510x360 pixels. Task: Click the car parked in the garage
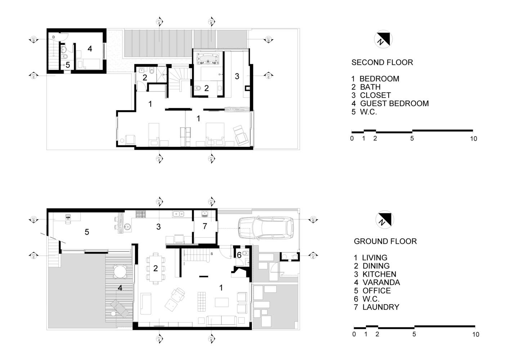coord(266,228)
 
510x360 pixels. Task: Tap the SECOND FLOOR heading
coord(382,62)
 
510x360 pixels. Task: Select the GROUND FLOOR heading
coord(385,241)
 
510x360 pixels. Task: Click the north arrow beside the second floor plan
coord(382,39)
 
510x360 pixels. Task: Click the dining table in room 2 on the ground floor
coord(156,268)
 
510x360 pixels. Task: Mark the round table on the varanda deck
coord(119,271)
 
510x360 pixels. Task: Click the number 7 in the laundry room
coord(205,226)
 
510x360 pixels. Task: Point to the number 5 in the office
coord(87,232)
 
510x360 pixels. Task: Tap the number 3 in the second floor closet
coord(237,76)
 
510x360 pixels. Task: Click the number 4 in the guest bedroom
coord(90,48)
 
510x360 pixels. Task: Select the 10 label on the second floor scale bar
coord(473,139)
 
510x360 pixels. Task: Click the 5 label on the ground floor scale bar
coord(414,334)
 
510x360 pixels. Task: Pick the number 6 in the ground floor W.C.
coord(239,255)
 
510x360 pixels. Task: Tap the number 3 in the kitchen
coord(158,226)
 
